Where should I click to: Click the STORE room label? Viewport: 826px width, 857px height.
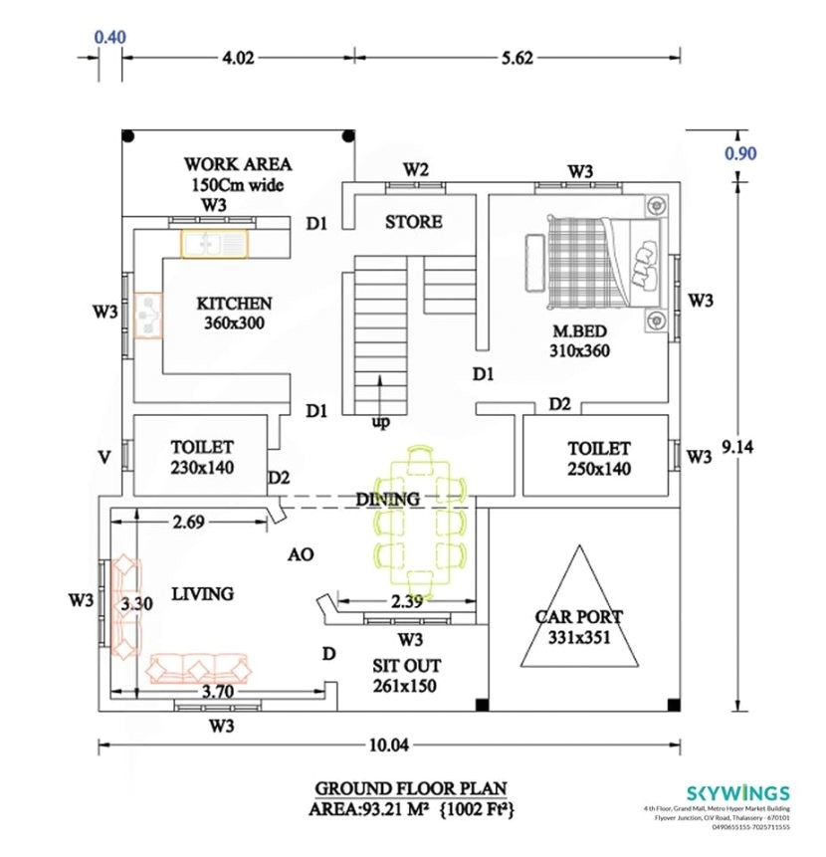click(414, 222)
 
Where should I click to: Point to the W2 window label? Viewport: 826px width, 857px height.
click(416, 170)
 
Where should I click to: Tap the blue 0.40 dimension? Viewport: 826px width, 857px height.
click(109, 38)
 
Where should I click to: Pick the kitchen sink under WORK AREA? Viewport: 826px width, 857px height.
click(213, 243)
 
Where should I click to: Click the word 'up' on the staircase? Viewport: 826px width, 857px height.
click(380, 423)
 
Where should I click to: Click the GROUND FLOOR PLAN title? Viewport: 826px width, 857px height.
click(411, 787)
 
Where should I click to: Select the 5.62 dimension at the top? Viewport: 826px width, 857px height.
click(517, 58)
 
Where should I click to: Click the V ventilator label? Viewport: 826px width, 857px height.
click(103, 457)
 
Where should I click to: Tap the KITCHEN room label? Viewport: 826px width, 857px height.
click(234, 303)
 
